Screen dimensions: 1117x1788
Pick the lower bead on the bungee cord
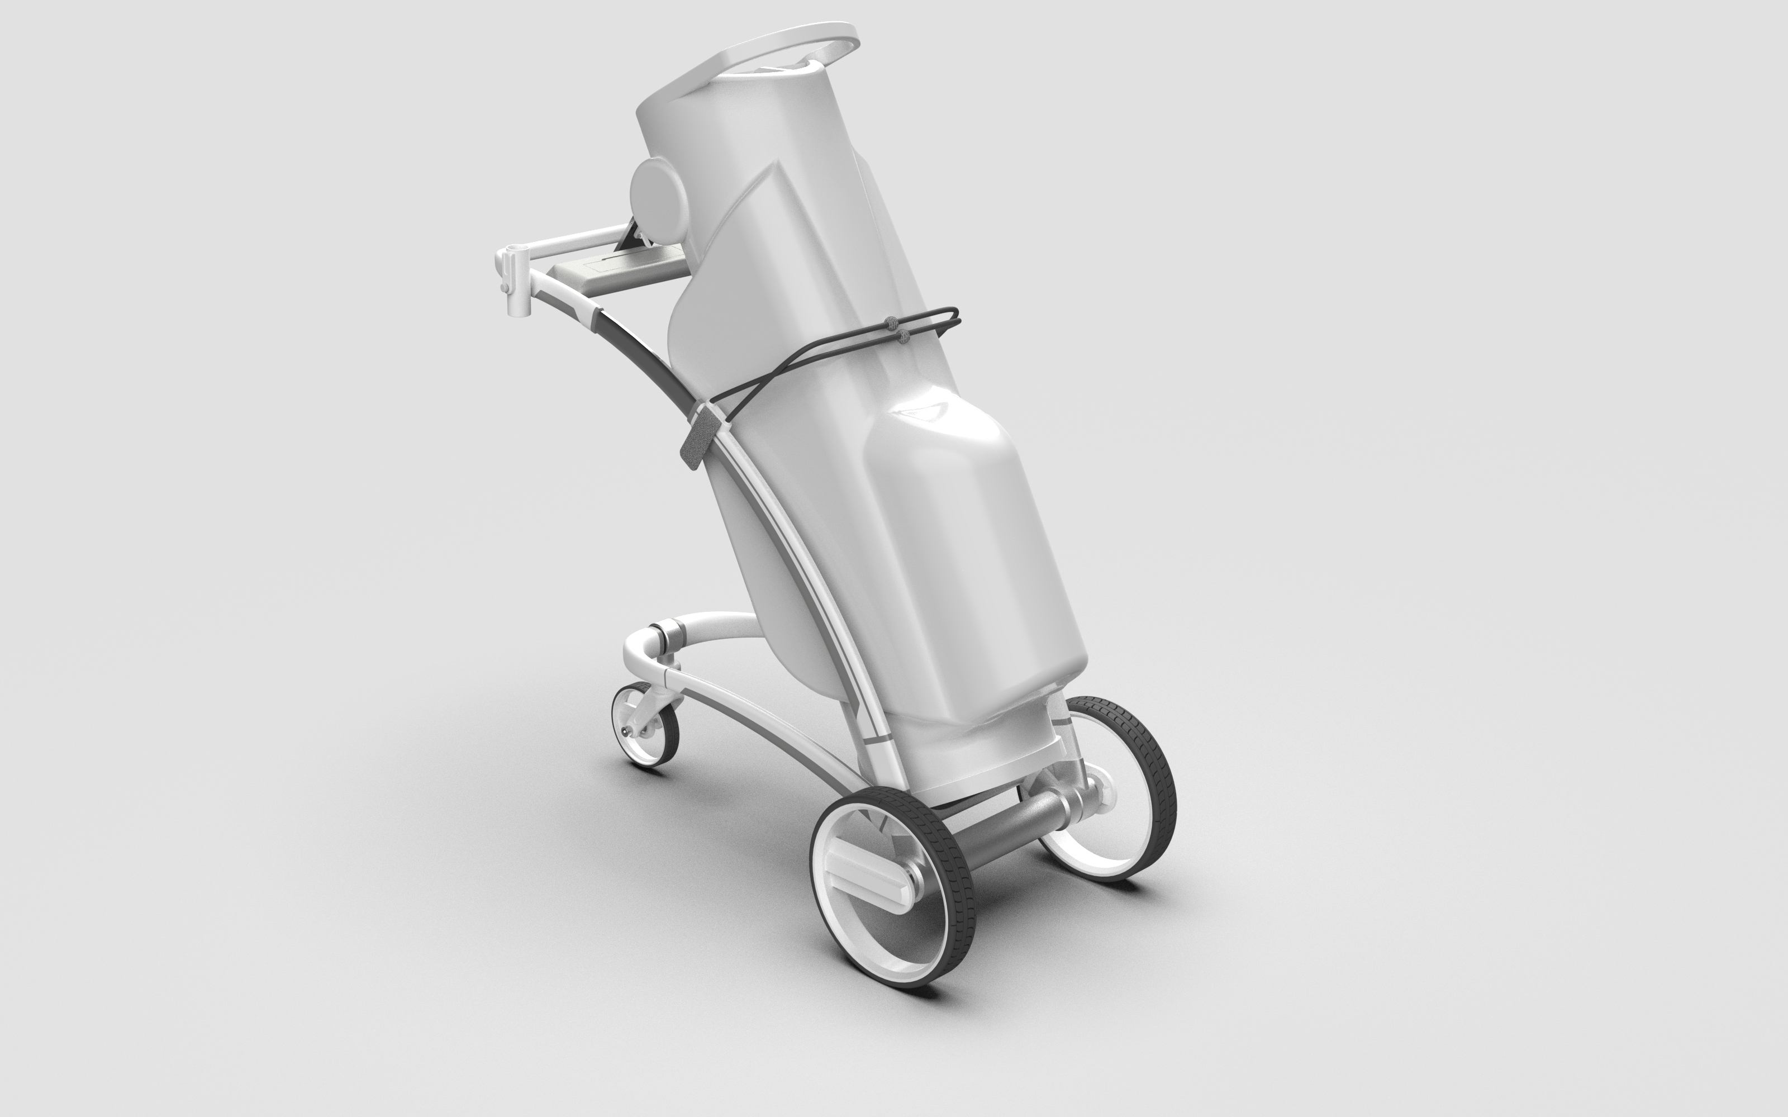(x=902, y=337)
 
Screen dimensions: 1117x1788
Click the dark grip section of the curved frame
(x=643, y=347)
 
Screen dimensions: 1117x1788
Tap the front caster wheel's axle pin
(x=628, y=730)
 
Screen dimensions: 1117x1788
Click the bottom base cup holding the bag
(x=990, y=761)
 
